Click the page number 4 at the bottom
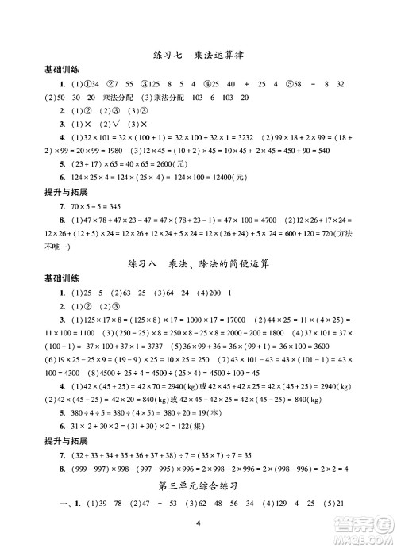198,523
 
